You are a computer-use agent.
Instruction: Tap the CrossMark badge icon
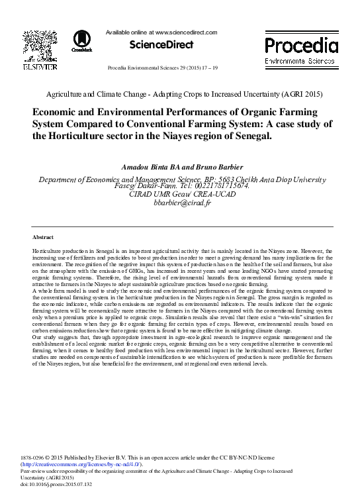point(82,40)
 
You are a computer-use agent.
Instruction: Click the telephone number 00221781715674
point(211,187)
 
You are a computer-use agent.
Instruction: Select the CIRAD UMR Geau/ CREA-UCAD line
point(180,195)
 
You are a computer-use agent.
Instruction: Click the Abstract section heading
point(43,236)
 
